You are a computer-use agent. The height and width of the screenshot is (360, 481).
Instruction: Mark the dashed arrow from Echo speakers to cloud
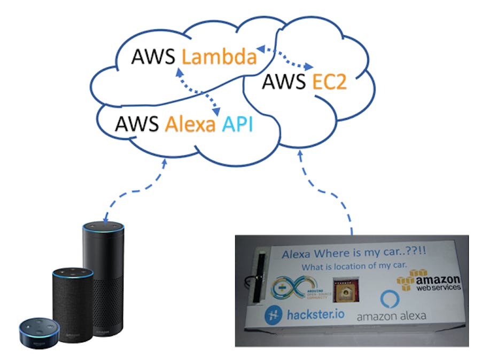136,192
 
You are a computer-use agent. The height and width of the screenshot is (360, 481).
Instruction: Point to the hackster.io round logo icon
274,315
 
